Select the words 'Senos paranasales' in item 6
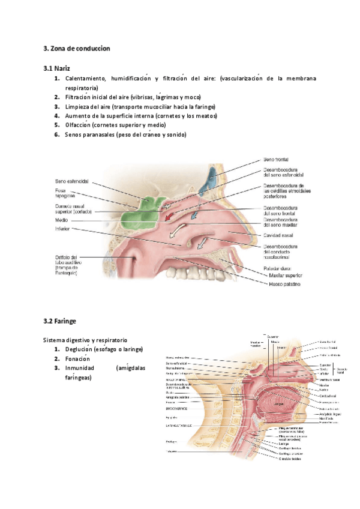91,134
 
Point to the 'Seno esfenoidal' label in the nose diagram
71,181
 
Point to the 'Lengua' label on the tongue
279,405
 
